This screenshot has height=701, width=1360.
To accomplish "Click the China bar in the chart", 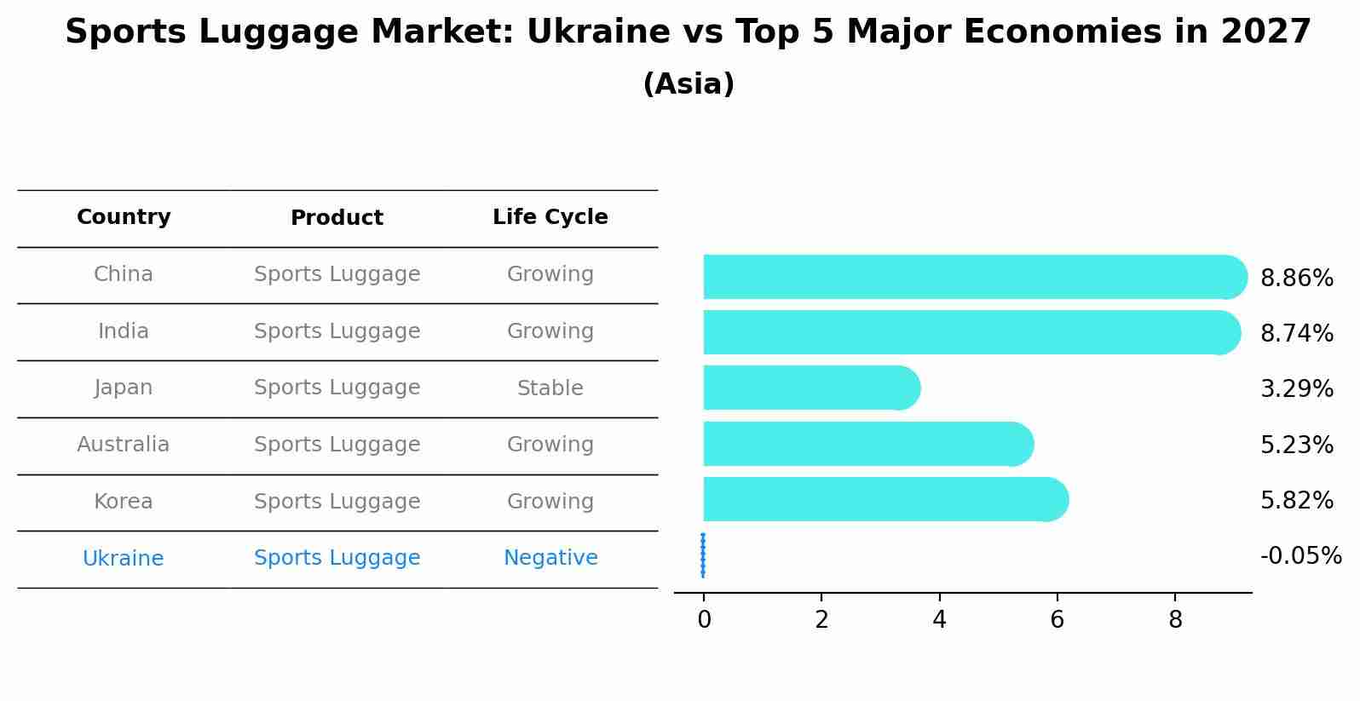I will click(971, 277).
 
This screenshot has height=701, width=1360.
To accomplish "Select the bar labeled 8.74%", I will click(968, 332).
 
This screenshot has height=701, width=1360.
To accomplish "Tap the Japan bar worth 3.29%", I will click(810, 388).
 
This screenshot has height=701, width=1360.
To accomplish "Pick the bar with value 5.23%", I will click(866, 444).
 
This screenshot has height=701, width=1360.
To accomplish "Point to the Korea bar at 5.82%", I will click(883, 499).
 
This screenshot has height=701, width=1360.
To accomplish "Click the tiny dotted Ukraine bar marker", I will click(703, 555).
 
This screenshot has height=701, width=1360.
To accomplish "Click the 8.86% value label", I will click(1296, 279).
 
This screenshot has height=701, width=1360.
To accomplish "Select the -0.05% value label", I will click(1300, 556).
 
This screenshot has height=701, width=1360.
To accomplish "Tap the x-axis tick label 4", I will click(939, 620).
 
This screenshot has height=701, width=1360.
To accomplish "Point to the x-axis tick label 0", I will click(704, 620).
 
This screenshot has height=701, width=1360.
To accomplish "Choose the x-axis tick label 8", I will click(1175, 620).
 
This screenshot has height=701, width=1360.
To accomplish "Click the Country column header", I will click(124, 217).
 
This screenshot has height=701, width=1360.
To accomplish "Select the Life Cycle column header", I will click(550, 217).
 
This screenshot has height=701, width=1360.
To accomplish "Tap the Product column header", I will click(337, 218).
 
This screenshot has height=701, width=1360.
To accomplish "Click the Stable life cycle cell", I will click(550, 388).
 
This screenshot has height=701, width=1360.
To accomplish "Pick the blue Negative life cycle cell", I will click(550, 558).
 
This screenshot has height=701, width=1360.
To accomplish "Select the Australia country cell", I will click(124, 445).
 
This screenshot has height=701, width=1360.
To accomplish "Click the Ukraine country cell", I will click(124, 559).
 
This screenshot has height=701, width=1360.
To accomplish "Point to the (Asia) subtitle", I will click(689, 84).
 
